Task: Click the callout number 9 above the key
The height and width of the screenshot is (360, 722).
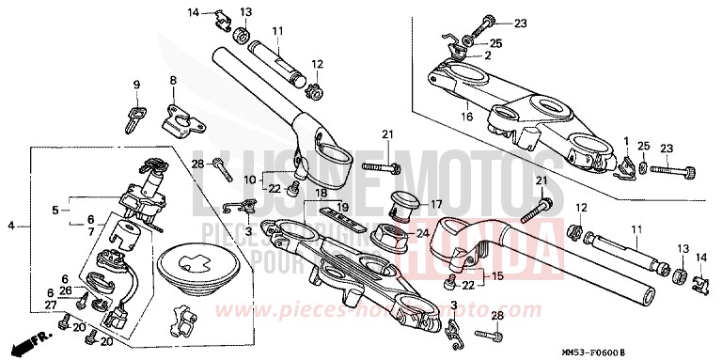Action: click(136, 85)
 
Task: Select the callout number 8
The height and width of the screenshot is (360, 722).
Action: click(173, 81)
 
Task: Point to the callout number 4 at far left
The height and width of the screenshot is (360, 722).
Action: click(11, 227)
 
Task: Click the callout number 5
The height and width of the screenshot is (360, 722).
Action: click(55, 210)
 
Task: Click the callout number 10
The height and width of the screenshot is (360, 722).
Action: click(249, 179)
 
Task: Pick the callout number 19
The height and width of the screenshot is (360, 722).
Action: click(343, 206)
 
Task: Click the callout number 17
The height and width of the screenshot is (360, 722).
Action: click(434, 203)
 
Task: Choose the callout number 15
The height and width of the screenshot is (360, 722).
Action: click(497, 276)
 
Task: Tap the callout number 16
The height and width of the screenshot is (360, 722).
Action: click(465, 117)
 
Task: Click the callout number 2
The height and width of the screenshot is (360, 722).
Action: click(488, 55)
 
